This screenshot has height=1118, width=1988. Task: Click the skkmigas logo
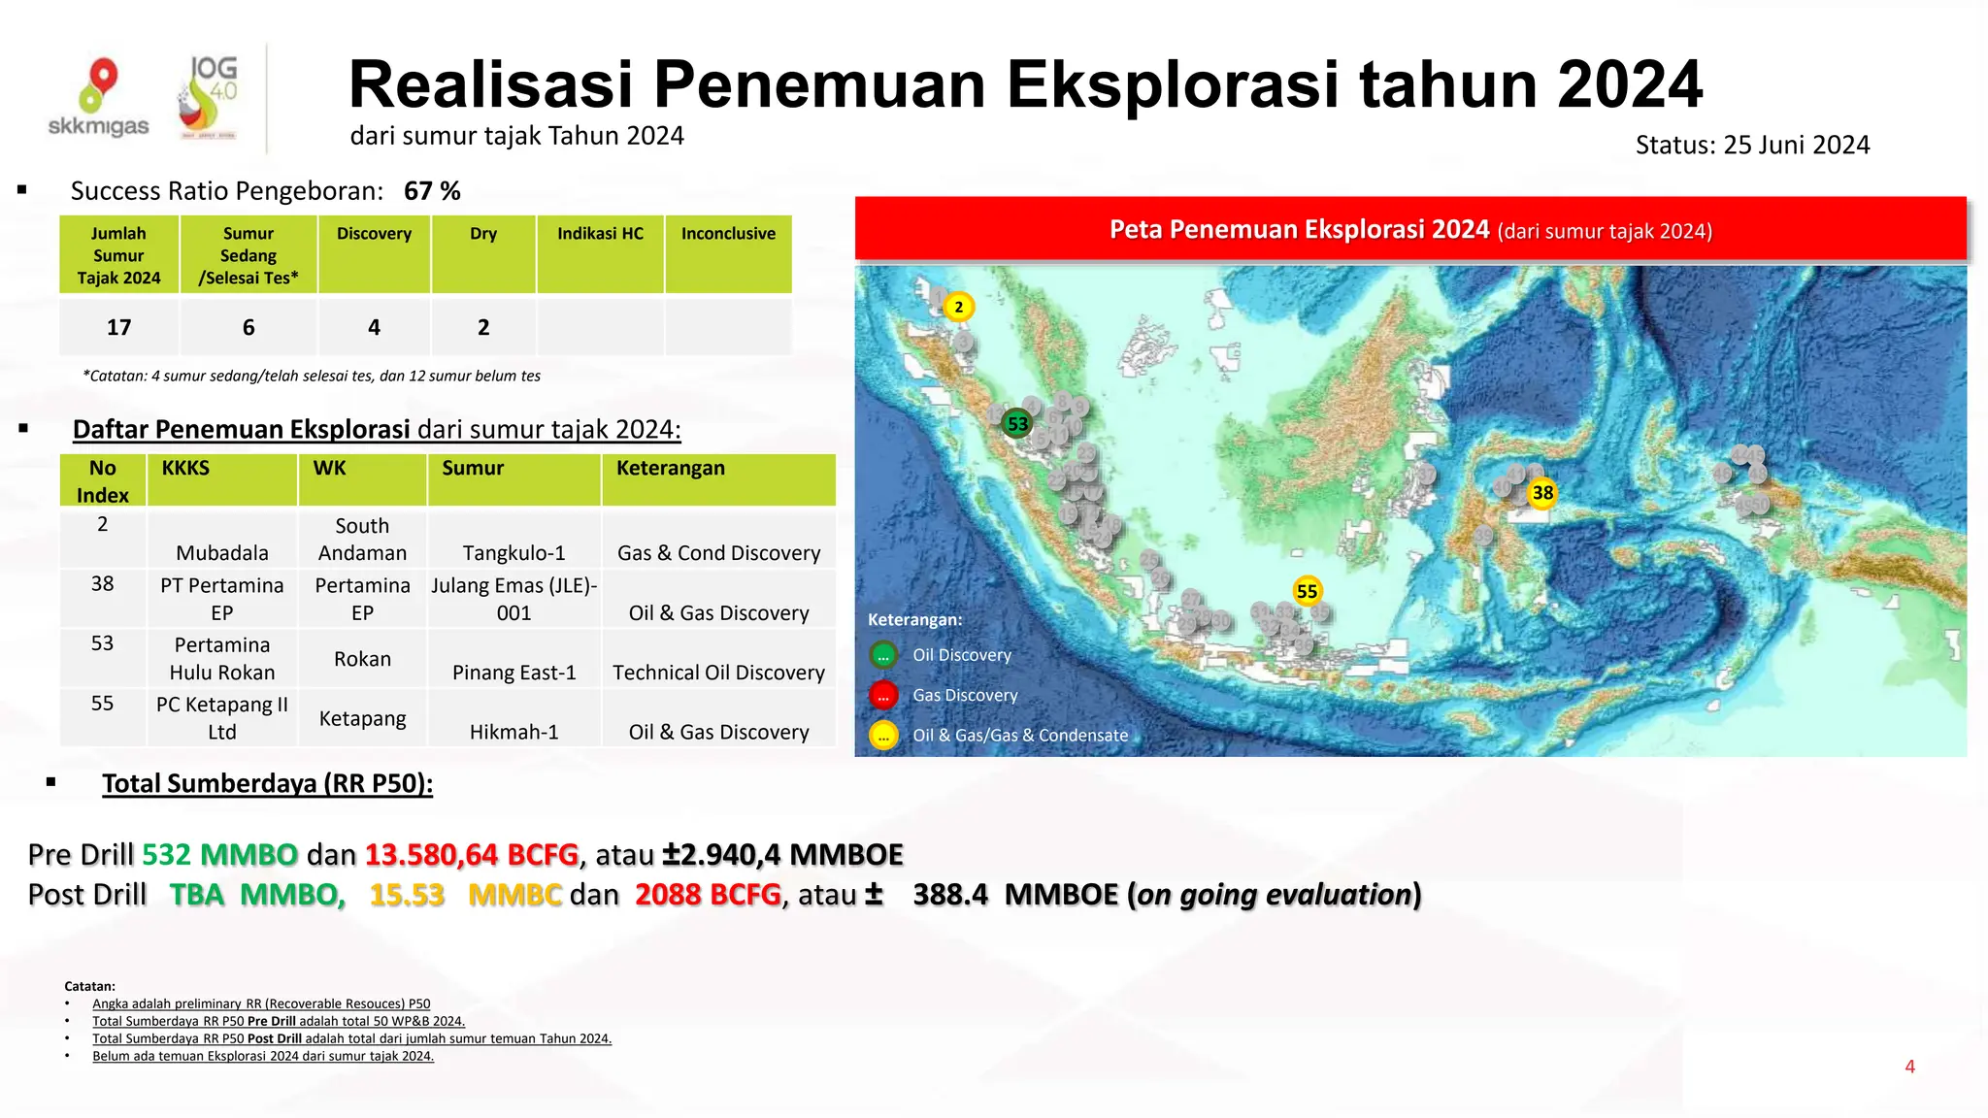98,98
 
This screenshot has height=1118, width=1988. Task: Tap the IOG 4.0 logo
208,98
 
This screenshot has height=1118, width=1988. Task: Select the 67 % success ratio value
432,191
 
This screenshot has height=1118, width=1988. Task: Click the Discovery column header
374,234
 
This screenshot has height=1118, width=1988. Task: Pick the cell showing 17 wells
118,328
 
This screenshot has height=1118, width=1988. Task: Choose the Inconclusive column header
728,234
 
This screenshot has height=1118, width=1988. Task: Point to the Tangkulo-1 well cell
514,553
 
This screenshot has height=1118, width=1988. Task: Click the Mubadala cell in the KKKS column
221,553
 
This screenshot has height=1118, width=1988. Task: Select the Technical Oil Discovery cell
718,673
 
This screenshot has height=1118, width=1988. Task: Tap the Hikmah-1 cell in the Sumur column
514,732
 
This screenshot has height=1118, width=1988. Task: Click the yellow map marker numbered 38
1542,493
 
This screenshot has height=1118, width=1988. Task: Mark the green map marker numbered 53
1017,424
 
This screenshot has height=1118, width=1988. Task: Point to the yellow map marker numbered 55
1307,591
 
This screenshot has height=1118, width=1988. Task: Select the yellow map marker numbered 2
959,308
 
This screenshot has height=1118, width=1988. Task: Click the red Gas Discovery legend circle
883,696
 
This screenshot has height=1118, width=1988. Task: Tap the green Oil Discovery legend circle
883,656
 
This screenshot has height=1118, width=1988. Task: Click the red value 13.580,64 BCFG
472,855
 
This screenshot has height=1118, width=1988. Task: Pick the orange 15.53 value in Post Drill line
407,895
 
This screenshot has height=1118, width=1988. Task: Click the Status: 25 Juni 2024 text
1752,146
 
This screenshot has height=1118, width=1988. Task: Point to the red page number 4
1909,1067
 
